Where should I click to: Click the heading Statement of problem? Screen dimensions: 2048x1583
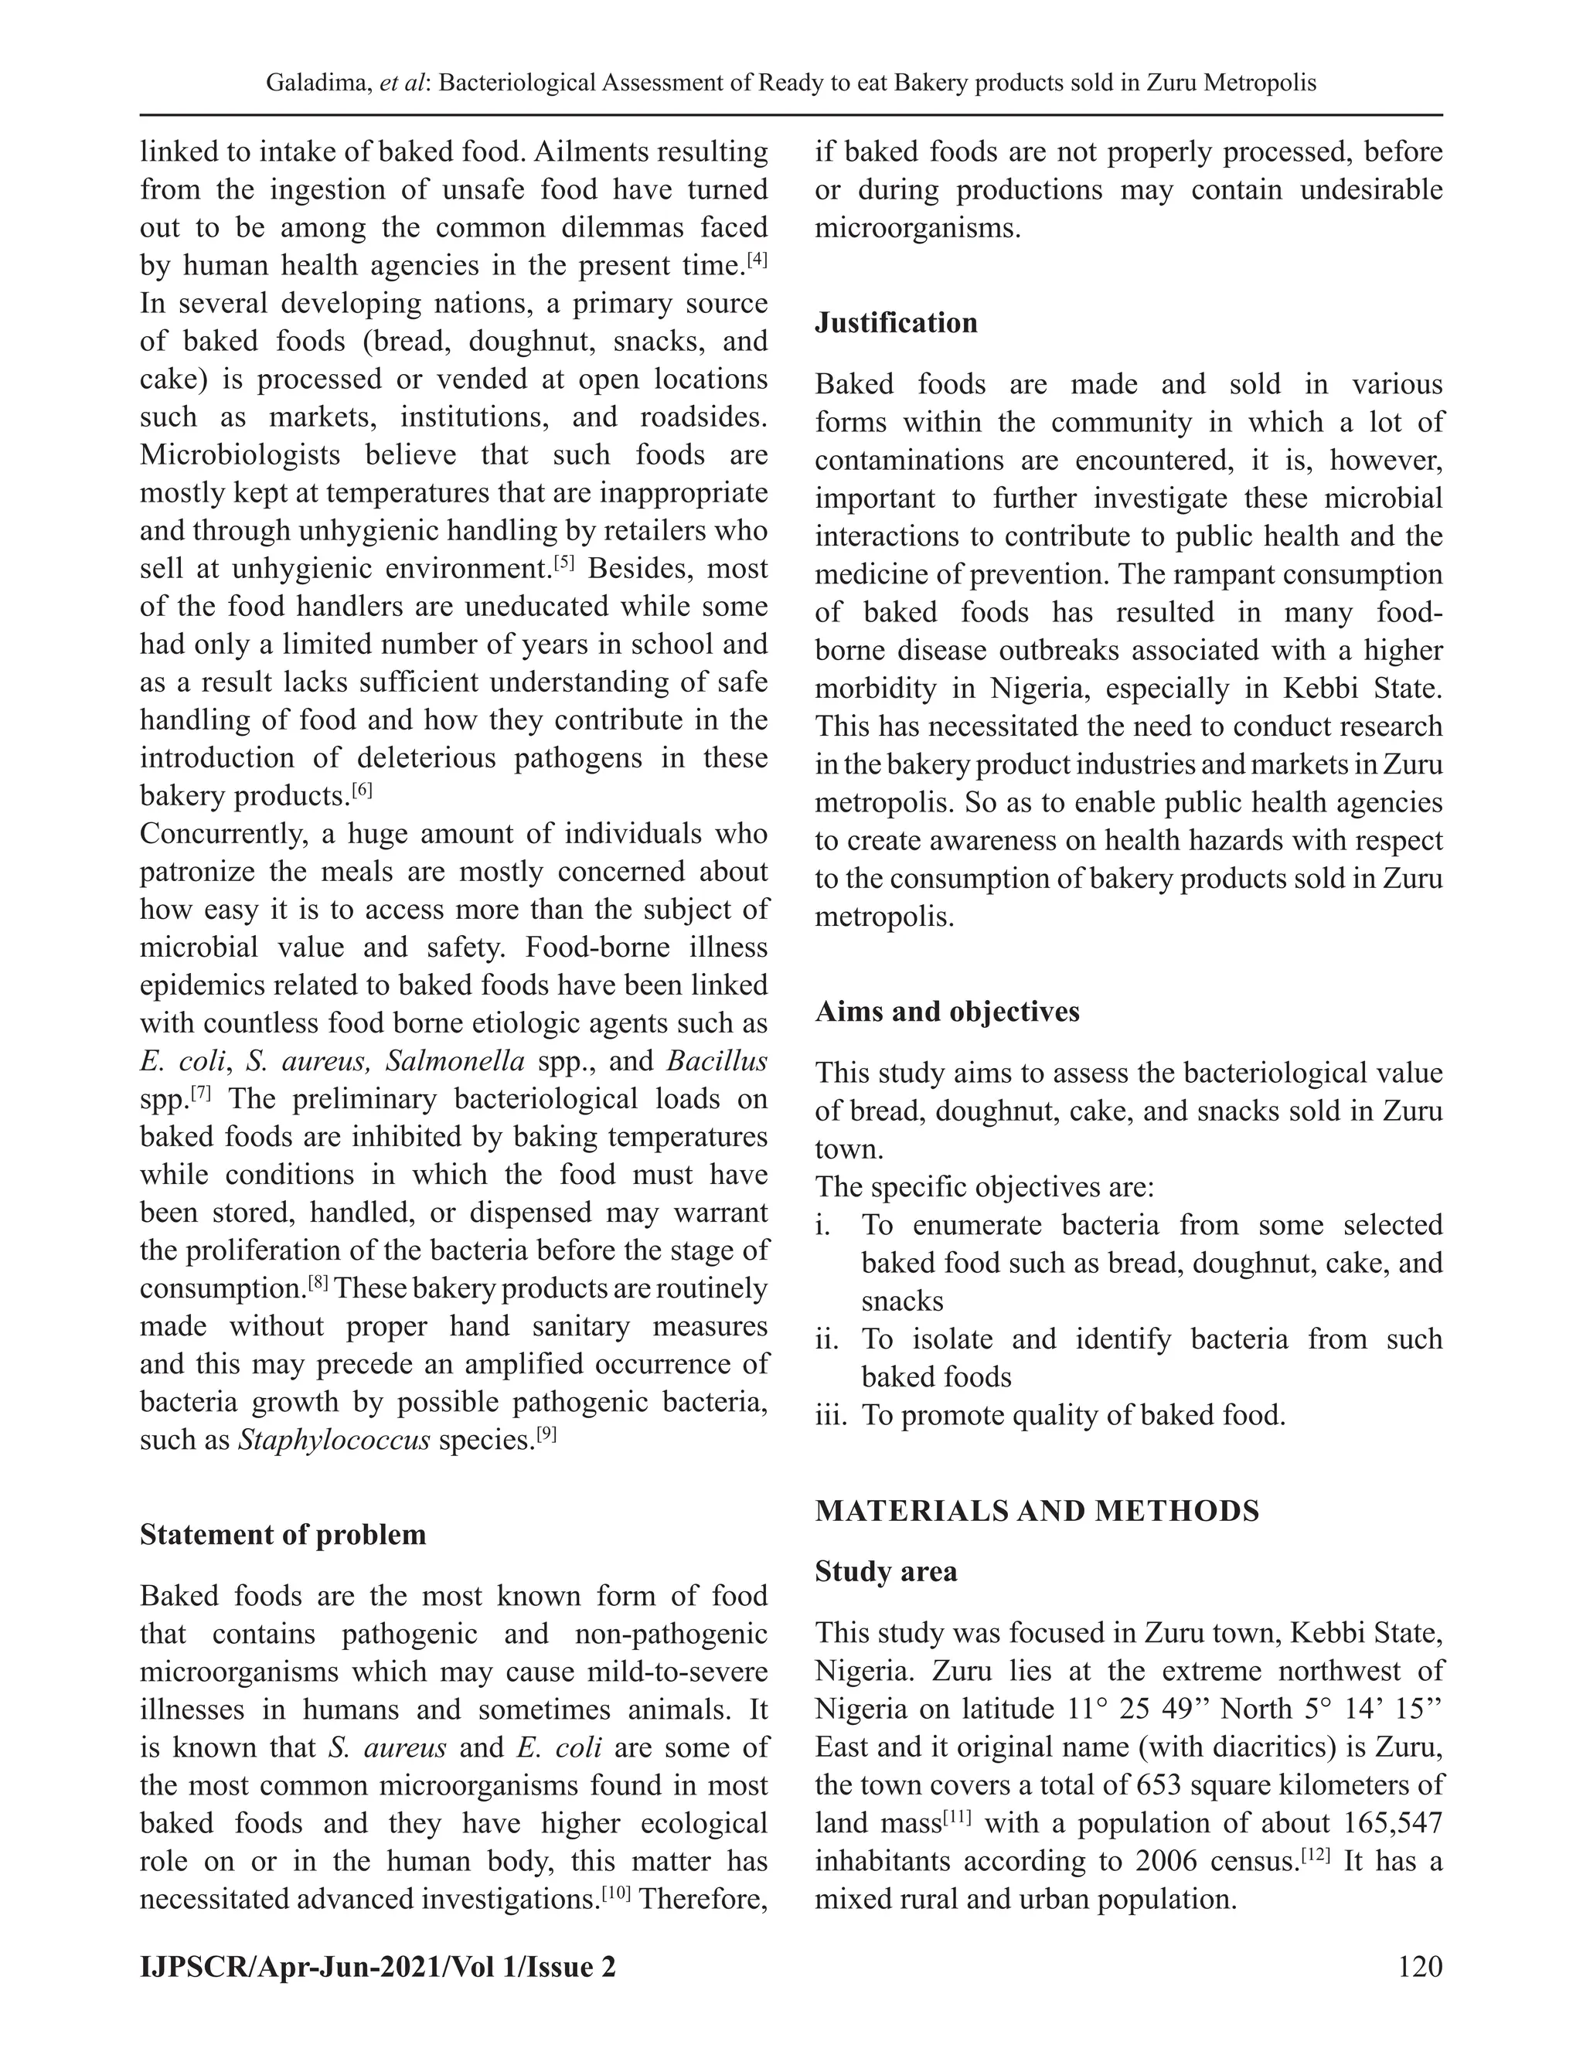(x=282, y=1535)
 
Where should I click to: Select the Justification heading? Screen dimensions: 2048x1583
(x=896, y=322)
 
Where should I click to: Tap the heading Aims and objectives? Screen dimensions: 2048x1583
(x=946, y=1012)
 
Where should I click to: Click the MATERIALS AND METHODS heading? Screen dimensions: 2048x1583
(x=1037, y=1512)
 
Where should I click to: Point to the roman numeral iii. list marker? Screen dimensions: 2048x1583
(x=831, y=1415)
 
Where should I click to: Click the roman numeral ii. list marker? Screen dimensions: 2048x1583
(x=827, y=1339)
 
